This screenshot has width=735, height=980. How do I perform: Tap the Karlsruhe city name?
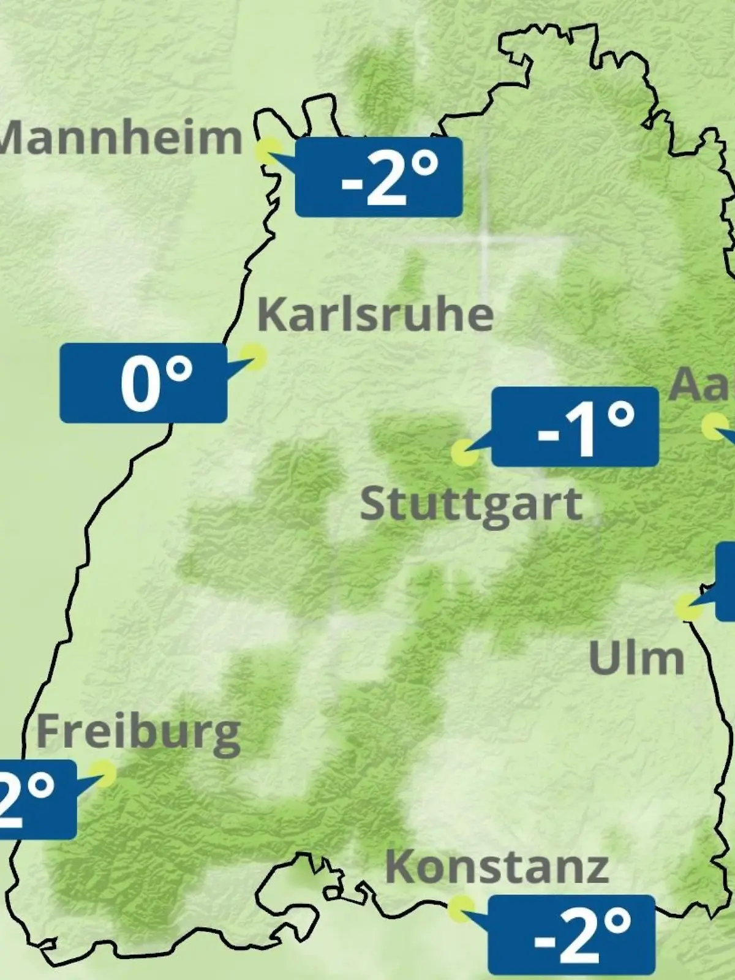tap(375, 315)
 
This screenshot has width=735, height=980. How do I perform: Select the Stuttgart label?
tap(470, 505)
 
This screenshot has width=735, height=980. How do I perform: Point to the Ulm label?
tap(636, 658)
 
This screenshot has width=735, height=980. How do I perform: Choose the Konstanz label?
tap(497, 867)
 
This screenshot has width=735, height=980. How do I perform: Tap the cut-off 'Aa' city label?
tap(702, 385)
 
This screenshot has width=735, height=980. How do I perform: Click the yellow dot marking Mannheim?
tap(268, 150)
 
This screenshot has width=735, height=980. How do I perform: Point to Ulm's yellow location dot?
tap(688, 606)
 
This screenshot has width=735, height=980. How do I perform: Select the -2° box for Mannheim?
tap(379, 177)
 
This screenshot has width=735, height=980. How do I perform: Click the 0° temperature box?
tap(143, 383)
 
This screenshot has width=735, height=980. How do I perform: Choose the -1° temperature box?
tap(575, 426)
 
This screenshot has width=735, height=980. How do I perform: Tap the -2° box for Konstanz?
tap(571, 934)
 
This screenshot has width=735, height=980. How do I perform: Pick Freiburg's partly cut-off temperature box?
tap(37, 799)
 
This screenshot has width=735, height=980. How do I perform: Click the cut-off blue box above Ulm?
tap(726, 581)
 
